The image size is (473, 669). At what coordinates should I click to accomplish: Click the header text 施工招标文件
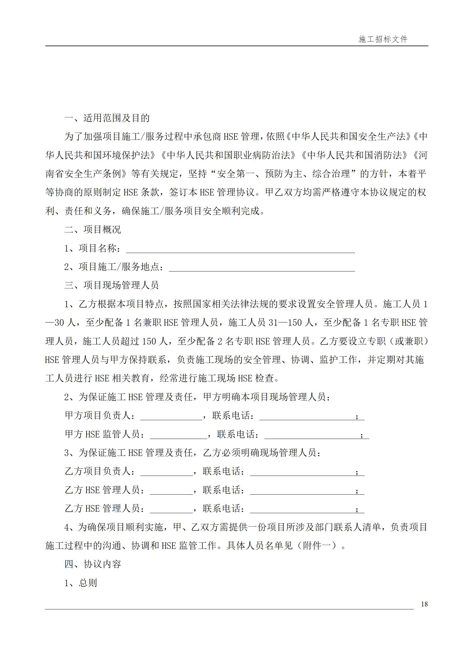coord(383,39)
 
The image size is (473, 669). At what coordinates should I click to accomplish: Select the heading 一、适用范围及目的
coord(107,118)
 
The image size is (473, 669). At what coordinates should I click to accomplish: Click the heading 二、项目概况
coord(93,229)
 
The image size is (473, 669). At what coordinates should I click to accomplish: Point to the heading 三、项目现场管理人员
coord(111,285)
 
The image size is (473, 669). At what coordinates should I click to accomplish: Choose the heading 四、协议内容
coord(93,564)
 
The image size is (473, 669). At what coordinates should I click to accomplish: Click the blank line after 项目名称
coord(240,249)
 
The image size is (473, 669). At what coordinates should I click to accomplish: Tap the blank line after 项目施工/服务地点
coord(262,268)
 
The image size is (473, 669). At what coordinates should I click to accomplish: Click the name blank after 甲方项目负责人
coord(171,416)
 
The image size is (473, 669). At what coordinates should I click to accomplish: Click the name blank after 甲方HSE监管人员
coord(178,435)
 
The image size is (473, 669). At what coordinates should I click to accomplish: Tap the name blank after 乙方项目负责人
coord(166,472)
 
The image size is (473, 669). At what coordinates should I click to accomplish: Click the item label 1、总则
coord(81,583)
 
